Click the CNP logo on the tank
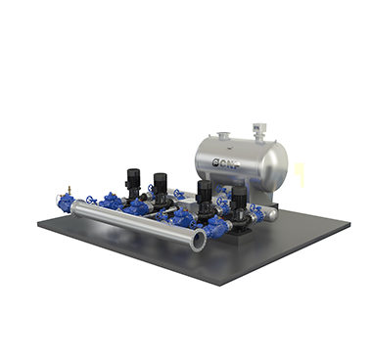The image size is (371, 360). click(226, 163)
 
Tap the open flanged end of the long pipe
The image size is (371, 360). click(200, 240)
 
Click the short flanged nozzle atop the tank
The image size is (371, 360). click(224, 136)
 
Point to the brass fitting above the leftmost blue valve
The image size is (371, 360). click(69, 190)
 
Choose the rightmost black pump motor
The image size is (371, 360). click(239, 198)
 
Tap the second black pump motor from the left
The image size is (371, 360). click(161, 186)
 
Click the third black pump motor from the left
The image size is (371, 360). click(205, 193)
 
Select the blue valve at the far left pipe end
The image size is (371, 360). click(66, 202)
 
